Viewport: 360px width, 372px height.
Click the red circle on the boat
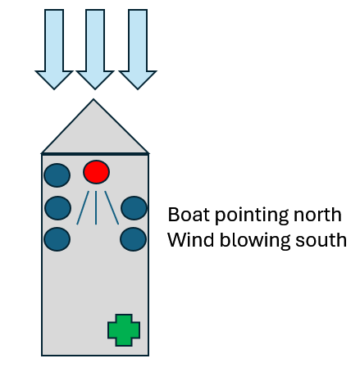[x=97, y=172]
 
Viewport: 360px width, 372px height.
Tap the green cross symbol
[x=124, y=330]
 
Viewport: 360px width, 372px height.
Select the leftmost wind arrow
[x=54, y=49]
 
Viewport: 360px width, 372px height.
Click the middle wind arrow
[x=95, y=49]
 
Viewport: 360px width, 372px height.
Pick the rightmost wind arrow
[x=138, y=49]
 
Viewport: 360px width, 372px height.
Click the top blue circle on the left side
[x=57, y=175]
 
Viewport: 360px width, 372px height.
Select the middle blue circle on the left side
[x=58, y=208]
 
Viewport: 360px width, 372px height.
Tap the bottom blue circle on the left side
[x=57, y=239]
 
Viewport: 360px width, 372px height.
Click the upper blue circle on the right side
[x=134, y=208]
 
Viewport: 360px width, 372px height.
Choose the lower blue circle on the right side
[x=134, y=239]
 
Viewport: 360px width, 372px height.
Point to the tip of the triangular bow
[x=93, y=99]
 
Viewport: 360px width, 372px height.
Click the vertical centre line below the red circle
[x=96, y=208]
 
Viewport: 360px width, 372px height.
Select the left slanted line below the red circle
[x=83, y=208]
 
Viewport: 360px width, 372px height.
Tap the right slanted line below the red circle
[x=112, y=208]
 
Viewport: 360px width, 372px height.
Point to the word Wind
[x=191, y=240]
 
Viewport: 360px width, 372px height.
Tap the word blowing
[x=255, y=241]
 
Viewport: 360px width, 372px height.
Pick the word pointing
[x=252, y=216]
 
